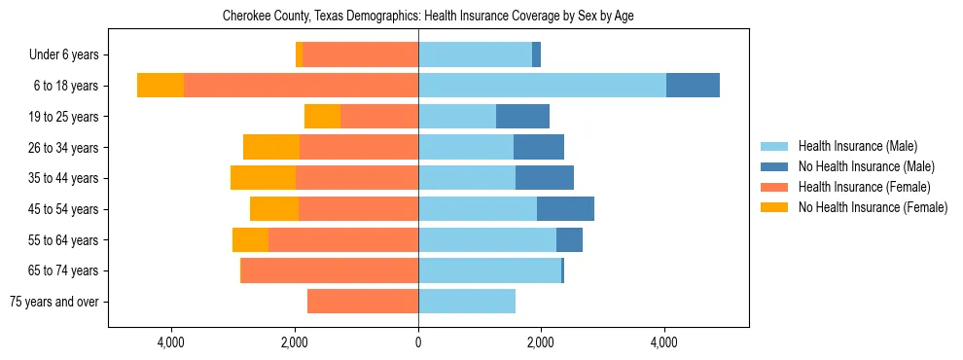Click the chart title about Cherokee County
point(428,17)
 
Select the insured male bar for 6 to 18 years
point(542,86)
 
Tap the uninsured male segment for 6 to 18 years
point(693,86)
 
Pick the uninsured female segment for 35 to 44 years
point(263,178)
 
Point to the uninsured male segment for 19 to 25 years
point(522,117)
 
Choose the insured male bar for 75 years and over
point(467,302)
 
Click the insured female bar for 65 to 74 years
point(330,270)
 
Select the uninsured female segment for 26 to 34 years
point(271,147)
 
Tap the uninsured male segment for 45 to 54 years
point(565,209)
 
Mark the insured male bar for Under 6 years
point(475,54)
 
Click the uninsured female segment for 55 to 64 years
point(250,239)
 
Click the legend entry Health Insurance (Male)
point(857,146)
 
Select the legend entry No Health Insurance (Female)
point(873,207)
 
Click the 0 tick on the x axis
point(418,342)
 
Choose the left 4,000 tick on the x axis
point(171,342)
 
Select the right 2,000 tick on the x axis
point(541,342)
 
